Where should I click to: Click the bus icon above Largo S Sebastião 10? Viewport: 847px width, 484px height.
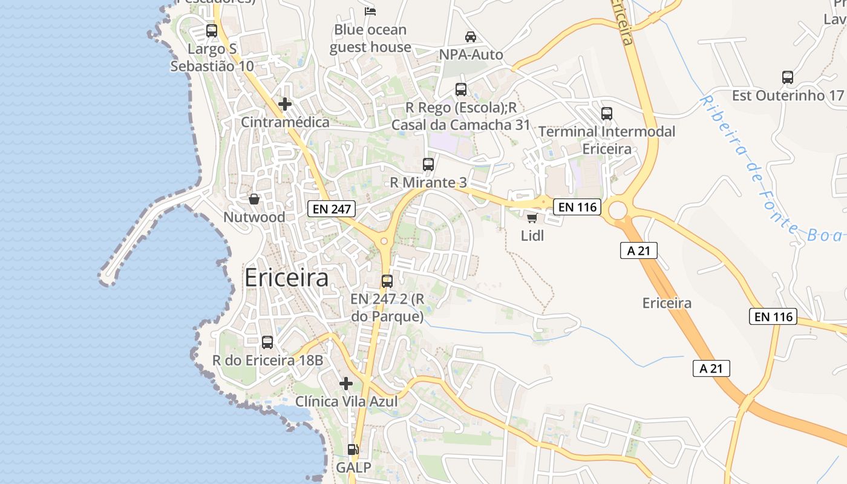(211, 31)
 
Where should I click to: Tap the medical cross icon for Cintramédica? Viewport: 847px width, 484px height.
(285, 104)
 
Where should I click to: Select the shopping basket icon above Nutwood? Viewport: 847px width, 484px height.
(255, 198)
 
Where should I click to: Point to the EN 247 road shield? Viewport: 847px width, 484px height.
(331, 209)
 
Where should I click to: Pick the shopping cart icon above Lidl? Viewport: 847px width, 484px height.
(532, 218)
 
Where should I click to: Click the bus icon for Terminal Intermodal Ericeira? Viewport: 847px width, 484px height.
(607, 113)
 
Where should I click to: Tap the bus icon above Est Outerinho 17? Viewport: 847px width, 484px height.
(787, 77)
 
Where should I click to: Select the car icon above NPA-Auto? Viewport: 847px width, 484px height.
(470, 37)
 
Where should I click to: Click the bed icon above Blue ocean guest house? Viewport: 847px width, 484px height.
(370, 11)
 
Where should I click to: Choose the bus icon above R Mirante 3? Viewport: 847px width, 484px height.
(428, 164)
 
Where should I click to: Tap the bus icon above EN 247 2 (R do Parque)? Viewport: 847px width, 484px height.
(387, 281)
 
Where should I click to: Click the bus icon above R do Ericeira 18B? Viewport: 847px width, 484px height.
(267, 342)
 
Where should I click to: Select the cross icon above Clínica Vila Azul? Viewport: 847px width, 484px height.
(346, 384)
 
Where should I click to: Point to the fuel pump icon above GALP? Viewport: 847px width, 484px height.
(353, 450)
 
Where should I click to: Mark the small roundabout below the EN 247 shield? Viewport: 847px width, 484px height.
(384, 241)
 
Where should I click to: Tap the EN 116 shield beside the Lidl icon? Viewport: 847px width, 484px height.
(577, 207)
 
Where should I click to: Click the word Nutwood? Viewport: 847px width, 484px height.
(254, 217)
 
